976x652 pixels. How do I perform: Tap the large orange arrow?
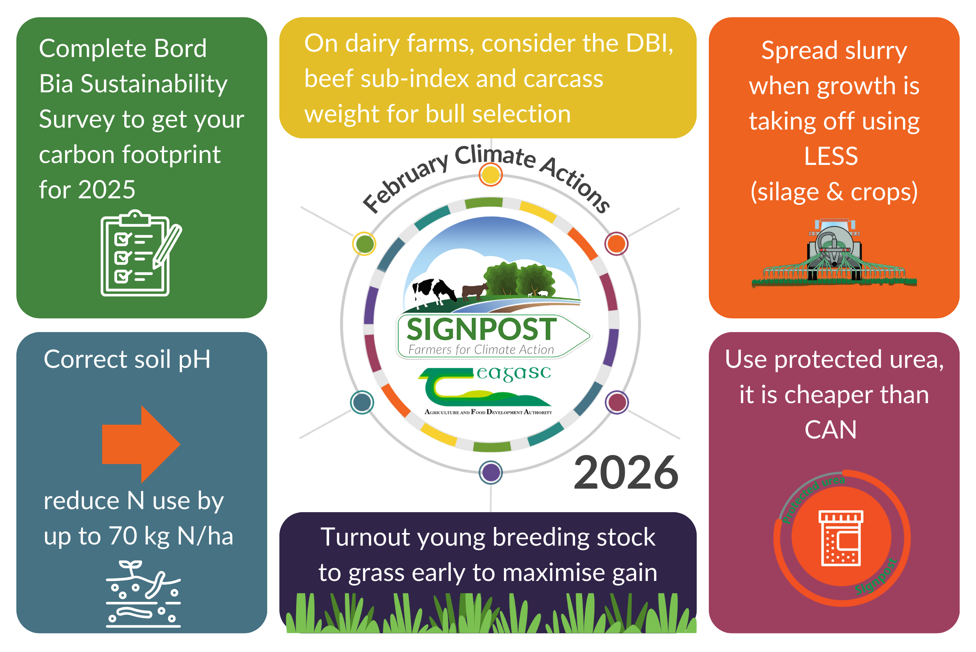click(141, 444)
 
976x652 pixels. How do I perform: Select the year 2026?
click(626, 473)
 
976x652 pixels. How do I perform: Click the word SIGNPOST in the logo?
click(481, 329)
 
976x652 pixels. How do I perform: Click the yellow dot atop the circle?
click(490, 175)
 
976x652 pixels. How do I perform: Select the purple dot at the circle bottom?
click(491, 472)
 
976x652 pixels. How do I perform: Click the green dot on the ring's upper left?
click(364, 244)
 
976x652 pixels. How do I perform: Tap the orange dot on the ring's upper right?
click(616, 244)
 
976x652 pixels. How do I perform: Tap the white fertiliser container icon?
click(840, 538)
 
